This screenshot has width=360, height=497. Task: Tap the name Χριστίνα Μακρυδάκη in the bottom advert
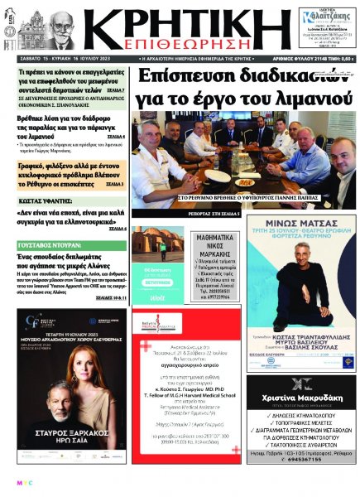click(301, 397)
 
